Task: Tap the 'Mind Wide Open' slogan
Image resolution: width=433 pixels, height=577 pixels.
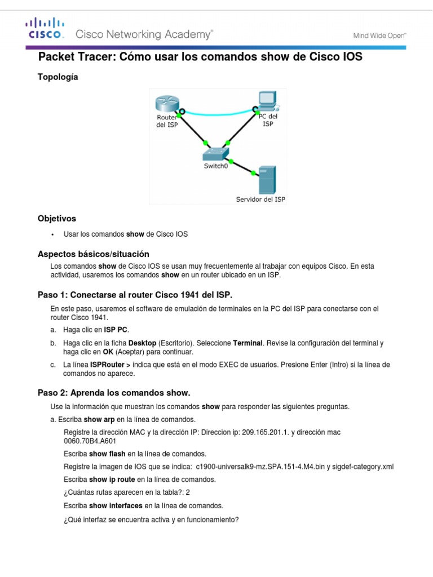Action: pos(379,35)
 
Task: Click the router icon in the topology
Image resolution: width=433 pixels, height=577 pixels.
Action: pos(167,105)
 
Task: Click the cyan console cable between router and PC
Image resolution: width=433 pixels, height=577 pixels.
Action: pos(217,113)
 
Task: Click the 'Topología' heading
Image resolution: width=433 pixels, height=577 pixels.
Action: pos(58,77)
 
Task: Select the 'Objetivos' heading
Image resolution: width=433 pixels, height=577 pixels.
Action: pos(56,218)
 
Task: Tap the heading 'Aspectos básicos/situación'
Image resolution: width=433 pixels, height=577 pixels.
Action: pos(93,254)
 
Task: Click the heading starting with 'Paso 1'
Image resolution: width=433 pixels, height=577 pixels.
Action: pos(134,295)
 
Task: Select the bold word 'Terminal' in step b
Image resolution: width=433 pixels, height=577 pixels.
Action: pos(247,343)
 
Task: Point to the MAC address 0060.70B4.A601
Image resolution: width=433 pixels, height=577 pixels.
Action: pos(90,441)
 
